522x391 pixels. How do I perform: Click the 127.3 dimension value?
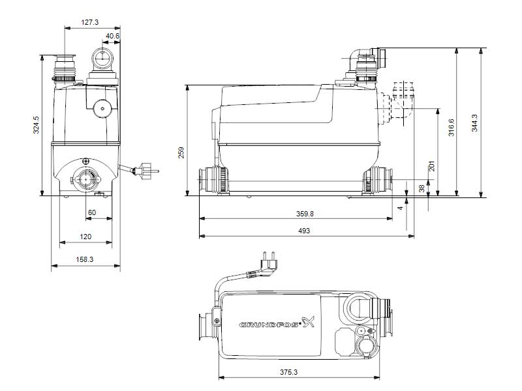point(90,22)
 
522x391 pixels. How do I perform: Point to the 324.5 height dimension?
point(37,125)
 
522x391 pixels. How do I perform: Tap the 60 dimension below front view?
point(91,212)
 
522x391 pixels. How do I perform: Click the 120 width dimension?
point(85,237)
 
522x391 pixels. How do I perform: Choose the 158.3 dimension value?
point(85,259)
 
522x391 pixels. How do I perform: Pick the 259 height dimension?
point(182,152)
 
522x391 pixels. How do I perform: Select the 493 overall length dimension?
point(303,231)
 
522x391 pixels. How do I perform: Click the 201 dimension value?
point(431,167)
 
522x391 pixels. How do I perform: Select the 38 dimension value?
point(421,188)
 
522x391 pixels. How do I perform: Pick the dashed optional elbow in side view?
point(400,102)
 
